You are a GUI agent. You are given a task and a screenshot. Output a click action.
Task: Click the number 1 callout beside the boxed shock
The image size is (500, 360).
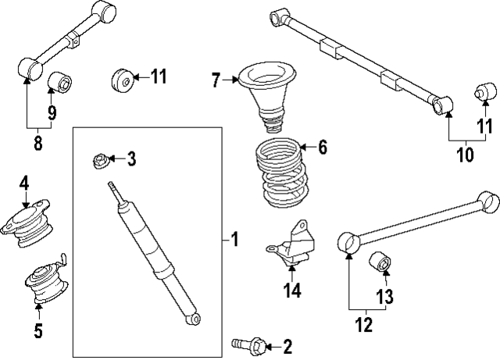tap(234, 239)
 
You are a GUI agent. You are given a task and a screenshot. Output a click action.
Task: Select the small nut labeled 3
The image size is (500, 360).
tap(100, 161)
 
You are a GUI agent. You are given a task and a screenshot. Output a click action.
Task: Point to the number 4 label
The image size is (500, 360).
tap(24, 183)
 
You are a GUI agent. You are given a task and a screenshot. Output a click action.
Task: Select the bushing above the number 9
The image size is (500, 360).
tap(61, 81)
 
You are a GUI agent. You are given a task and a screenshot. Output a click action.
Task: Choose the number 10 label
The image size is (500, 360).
tap(464, 155)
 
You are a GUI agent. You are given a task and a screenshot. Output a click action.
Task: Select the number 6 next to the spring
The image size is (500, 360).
tap(322, 147)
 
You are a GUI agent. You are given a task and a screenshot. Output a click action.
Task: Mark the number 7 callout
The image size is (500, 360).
tap(216, 78)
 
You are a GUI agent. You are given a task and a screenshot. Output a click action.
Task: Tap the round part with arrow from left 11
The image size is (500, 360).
tap(121, 79)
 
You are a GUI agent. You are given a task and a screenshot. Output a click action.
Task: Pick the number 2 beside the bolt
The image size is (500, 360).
tap(287, 345)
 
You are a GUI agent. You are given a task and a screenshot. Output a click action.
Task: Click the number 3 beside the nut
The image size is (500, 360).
tap(131, 160)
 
